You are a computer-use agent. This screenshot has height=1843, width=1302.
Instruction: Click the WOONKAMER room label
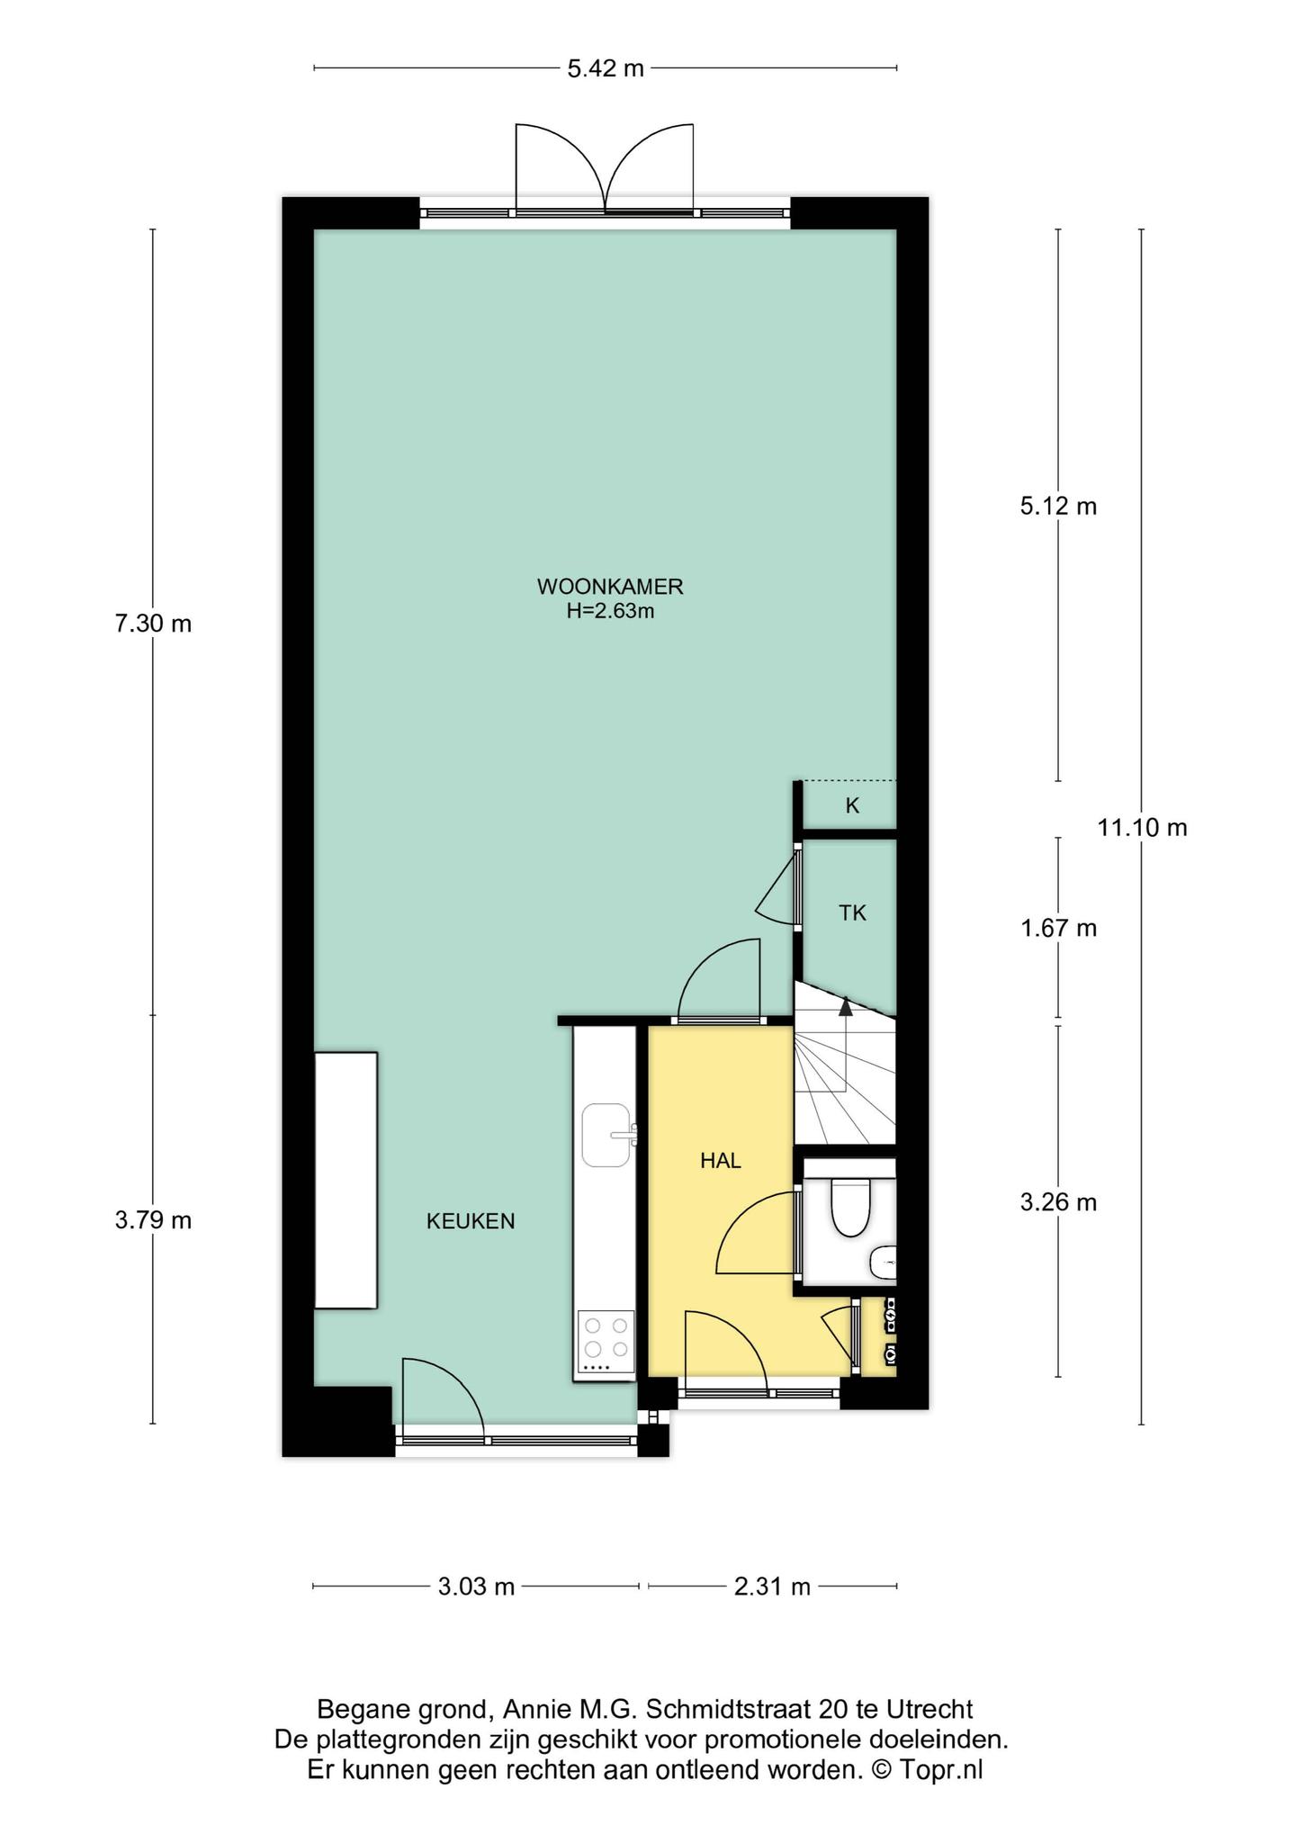[x=610, y=587]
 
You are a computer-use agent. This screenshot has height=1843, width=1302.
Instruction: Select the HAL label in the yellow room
[x=721, y=1161]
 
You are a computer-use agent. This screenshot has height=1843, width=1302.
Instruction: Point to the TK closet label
[x=852, y=913]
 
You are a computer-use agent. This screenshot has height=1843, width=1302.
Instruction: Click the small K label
[x=852, y=806]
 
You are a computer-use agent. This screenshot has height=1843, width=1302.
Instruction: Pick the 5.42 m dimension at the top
[x=606, y=68]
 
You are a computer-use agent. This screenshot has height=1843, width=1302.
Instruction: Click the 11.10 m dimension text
[x=1142, y=827]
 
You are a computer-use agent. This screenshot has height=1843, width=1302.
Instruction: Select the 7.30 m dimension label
[x=153, y=624]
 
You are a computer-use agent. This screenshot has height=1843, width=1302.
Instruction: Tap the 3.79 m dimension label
[x=153, y=1221]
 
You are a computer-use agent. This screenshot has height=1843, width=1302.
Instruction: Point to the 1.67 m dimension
[x=1058, y=928]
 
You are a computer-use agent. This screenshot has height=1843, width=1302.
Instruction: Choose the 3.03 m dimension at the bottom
[x=476, y=1587]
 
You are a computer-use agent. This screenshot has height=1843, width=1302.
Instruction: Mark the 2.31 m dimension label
[x=772, y=1587]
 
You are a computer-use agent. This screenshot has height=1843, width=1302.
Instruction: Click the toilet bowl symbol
[x=849, y=1209]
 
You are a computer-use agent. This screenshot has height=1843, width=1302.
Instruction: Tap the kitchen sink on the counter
[x=606, y=1135]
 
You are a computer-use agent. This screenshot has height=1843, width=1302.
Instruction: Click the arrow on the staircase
[x=845, y=1006]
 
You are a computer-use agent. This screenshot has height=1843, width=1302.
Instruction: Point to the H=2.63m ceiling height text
[x=610, y=611]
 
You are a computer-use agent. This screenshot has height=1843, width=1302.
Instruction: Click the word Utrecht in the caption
[x=929, y=1709]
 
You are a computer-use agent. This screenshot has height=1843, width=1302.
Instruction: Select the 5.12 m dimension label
[x=1058, y=507]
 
